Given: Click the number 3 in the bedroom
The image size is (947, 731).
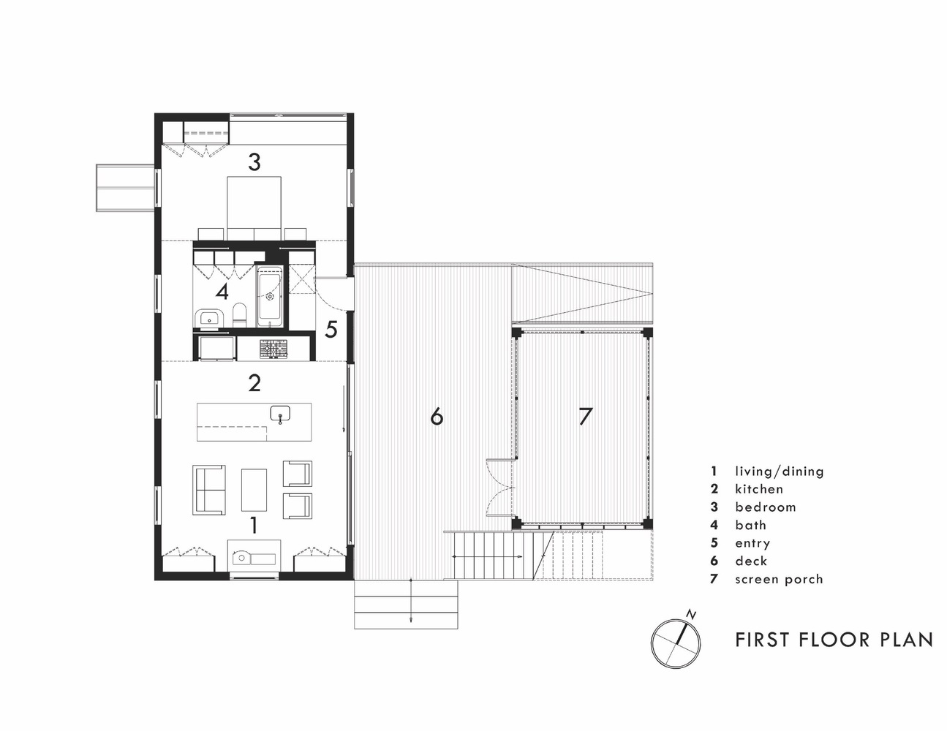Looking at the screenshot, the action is tap(254, 162).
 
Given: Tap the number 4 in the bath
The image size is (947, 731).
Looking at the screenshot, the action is tap(222, 292).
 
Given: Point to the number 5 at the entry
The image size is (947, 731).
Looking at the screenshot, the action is tap(331, 329).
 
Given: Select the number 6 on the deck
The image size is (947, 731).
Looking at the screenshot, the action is tap(437, 416).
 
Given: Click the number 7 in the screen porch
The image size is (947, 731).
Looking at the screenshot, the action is tap(586, 416).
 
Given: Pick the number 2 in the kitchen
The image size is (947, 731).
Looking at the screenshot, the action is tap(254, 382).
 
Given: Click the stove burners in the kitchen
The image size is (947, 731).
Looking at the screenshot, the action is tap(273, 349).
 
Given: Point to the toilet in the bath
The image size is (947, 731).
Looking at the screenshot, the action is tap(240, 314).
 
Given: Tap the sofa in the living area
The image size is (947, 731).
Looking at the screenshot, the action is tap(209, 489).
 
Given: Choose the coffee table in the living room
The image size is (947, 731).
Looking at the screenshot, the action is tap(254, 490).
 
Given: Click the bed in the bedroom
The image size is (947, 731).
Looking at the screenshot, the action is tap(254, 208).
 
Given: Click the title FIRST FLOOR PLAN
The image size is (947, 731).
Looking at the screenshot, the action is tap(834, 640).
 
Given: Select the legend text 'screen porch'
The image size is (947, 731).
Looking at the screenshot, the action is tap(779, 580).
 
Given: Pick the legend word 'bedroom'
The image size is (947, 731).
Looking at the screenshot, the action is tap(765, 507).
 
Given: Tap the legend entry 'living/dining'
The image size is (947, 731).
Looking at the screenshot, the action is tap(780, 471).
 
